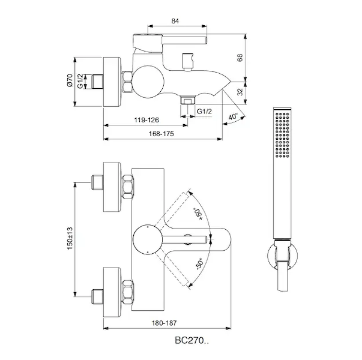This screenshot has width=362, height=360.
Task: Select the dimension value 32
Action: point(240,92)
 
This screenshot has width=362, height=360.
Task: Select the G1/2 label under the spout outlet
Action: point(204,111)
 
